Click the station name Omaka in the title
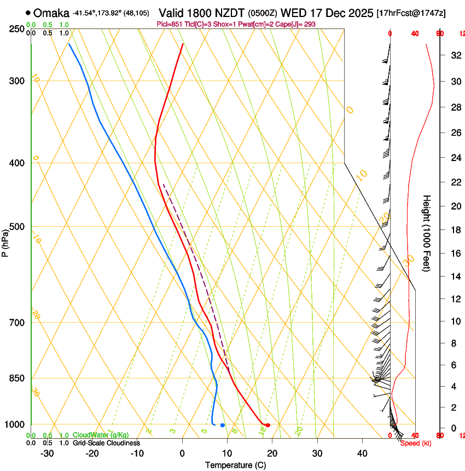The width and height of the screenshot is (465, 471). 51,13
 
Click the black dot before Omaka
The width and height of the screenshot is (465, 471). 28,13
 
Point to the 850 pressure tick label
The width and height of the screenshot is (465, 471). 16,378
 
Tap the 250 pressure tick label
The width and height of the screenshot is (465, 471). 16,28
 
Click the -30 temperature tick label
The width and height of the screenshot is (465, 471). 47,453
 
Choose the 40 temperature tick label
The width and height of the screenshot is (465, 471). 362,453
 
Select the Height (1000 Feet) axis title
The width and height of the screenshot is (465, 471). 427,233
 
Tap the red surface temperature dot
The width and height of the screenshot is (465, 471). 268,426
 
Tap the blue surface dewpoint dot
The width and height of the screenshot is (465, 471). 222,426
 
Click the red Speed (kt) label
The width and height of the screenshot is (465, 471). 416,443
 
